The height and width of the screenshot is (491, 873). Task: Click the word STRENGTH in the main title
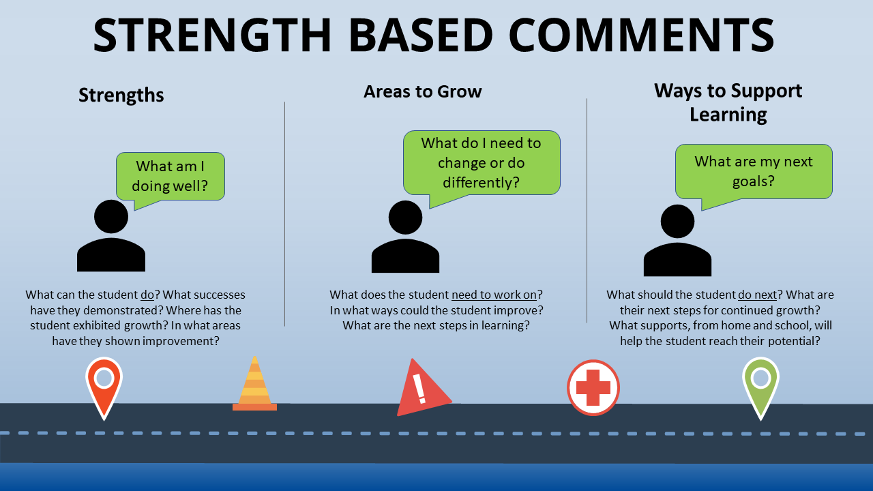212,35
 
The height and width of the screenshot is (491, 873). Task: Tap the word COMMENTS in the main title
642,35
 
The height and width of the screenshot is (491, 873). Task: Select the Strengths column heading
121,95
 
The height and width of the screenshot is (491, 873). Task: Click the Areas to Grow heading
423,91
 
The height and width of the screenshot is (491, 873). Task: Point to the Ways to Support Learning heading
728,103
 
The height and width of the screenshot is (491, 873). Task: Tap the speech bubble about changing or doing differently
482,164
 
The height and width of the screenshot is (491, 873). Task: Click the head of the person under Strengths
111,217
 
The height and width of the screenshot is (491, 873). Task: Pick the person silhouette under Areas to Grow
405,237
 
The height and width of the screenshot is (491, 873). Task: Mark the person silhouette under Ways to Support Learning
677,241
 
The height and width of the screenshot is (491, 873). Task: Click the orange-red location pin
104,389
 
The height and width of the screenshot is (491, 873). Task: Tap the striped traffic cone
254,384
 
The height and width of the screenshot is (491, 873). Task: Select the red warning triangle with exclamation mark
424,388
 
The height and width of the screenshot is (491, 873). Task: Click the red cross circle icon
593,388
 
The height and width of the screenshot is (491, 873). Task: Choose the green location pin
760,389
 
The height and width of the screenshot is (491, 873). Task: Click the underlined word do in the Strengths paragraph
147,295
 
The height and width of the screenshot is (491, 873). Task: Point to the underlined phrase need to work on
494,295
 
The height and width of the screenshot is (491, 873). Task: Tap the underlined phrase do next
758,295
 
